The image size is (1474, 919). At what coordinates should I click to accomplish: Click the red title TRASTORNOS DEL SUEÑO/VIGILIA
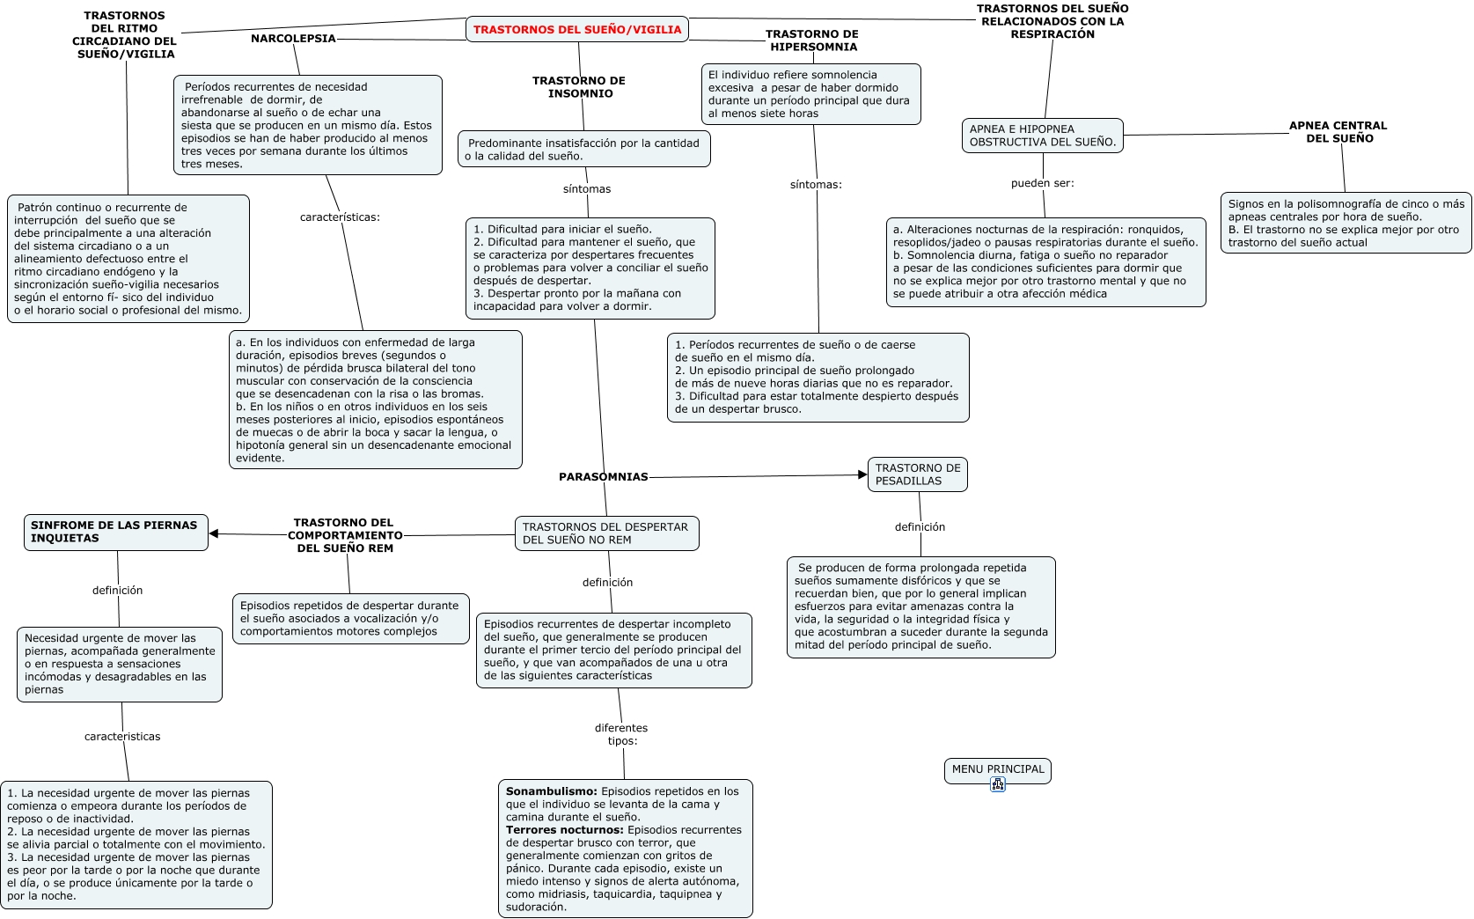577,30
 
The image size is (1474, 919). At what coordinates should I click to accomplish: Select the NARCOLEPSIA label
293,39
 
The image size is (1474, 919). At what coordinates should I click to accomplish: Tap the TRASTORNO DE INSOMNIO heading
579,87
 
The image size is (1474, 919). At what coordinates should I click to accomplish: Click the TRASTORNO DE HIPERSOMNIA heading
812,40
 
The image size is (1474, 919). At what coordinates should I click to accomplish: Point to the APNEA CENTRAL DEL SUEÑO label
1338,132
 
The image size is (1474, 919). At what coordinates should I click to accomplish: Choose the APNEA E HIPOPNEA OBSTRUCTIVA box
1043,136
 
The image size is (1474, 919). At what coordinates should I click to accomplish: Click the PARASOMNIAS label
604,477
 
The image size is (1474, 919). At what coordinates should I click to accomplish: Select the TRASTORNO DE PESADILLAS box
918,474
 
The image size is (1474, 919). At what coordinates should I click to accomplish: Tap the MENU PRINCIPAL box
998,769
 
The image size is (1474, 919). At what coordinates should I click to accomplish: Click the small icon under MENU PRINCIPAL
998,784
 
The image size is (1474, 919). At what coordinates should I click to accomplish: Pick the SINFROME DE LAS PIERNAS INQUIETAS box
115,532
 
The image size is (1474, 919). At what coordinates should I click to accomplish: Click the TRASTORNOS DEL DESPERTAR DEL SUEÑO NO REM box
605,533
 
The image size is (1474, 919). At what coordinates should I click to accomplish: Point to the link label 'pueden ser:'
1043,184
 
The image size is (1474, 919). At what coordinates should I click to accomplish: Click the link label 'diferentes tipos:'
621,734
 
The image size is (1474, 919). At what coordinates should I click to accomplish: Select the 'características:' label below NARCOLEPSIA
340,217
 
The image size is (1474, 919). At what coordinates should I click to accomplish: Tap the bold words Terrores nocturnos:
565,830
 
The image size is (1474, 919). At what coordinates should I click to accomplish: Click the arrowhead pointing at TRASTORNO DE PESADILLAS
863,475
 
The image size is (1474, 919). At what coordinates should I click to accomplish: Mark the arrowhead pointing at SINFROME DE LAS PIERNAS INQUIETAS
214,533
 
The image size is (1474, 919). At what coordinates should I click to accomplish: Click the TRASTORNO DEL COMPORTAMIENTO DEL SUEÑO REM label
345,535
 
